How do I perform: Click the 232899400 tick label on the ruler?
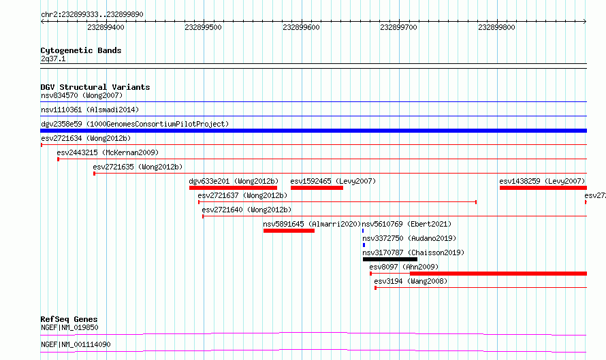point(106,27)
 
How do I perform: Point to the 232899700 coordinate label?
point(398,27)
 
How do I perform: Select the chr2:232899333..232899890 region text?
point(92,14)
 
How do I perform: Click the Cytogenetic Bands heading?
point(81,50)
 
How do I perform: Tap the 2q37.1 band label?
point(53,59)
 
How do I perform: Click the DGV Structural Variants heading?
point(95,87)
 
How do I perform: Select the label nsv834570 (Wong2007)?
point(82,95)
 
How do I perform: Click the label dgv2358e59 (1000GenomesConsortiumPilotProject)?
point(135,124)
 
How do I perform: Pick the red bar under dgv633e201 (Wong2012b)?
point(233,188)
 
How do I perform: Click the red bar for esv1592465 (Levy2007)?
point(317,188)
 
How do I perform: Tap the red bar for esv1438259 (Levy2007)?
point(543,188)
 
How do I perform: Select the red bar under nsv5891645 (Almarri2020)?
point(289,231)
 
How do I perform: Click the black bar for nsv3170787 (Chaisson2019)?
point(390,259)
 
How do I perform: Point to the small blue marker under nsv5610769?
point(363,231)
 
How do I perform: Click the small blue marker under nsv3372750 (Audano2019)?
point(364,245)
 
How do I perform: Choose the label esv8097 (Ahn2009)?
point(404,267)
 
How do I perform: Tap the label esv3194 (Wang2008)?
point(411,281)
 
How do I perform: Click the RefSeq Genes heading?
point(69,319)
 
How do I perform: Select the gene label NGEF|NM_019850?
point(69,327)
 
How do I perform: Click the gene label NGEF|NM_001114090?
point(76,344)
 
